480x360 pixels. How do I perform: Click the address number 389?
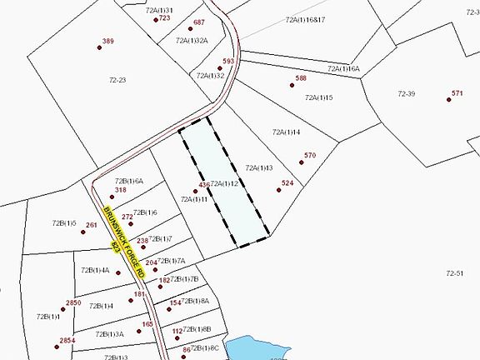pos(107,42)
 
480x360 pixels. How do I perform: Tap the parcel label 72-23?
pos(117,80)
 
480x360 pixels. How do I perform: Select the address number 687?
pos(198,22)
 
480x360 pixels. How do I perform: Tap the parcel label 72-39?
pos(407,93)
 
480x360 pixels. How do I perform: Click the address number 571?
pos(457,93)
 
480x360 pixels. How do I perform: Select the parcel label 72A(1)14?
pos(286,132)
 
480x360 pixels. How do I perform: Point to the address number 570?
pos(310,155)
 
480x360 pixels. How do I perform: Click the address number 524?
pos(287,182)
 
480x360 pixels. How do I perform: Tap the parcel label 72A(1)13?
pos(259,167)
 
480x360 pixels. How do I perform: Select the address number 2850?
pos(73,302)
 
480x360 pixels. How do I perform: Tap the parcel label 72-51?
pos(454,273)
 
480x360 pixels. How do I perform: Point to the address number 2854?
pos(67,340)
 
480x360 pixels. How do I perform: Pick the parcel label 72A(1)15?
pos(319,97)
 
